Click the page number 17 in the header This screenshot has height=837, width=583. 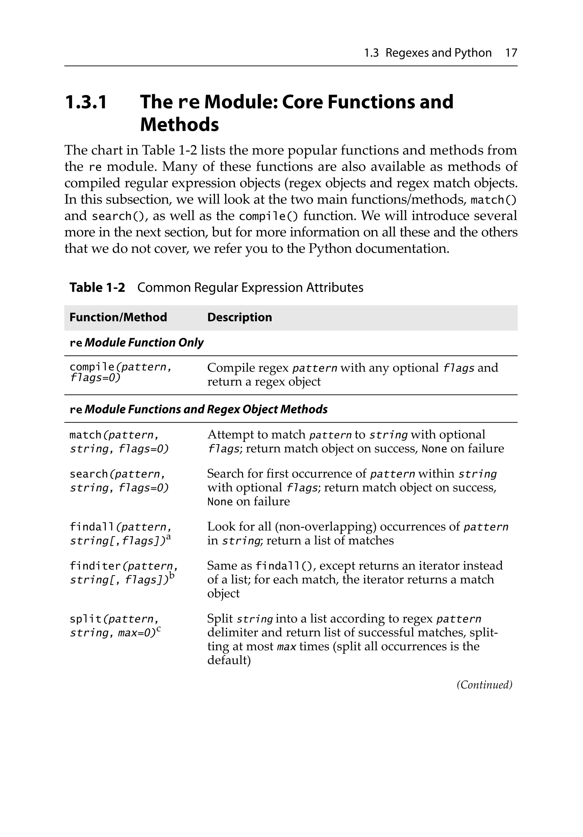click(x=511, y=53)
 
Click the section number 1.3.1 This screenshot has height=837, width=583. click(x=86, y=102)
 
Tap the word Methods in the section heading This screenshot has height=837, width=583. click(x=179, y=125)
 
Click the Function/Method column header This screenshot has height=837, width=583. click(x=118, y=317)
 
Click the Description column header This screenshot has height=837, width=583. click(x=239, y=317)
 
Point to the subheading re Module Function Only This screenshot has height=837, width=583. click(x=136, y=343)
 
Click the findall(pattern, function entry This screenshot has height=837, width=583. click(x=120, y=527)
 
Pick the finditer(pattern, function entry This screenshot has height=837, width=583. click(x=124, y=566)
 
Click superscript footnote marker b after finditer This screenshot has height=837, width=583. click(x=172, y=575)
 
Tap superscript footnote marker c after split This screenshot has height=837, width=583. click(x=159, y=628)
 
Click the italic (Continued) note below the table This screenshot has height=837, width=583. click(x=484, y=684)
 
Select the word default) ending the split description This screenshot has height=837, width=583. click(x=229, y=660)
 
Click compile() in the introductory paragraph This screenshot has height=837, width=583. click(x=268, y=216)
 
